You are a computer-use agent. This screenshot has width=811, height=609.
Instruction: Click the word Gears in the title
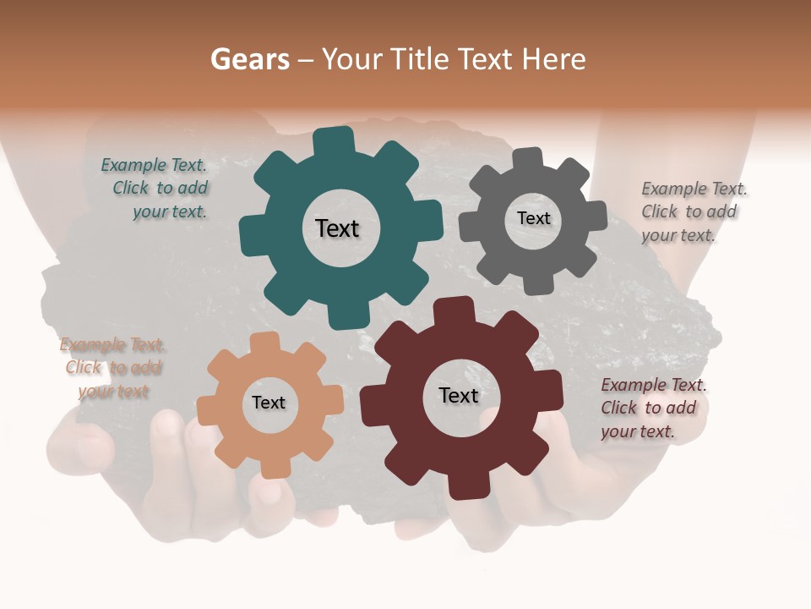[x=249, y=59]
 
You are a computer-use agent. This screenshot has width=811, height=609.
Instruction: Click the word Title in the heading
[x=421, y=59]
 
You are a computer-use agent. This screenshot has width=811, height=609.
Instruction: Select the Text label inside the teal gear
[x=337, y=228]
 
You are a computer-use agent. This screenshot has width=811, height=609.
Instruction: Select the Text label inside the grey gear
[x=533, y=218]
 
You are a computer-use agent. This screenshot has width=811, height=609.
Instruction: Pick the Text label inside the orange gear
[x=269, y=403]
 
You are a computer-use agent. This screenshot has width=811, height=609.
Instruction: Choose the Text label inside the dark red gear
[x=459, y=395]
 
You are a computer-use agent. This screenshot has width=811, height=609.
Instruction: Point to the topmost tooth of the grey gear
[x=528, y=158]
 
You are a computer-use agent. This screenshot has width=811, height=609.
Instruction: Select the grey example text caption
[x=693, y=211]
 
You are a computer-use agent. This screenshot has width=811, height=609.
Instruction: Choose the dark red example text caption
[x=652, y=408]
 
